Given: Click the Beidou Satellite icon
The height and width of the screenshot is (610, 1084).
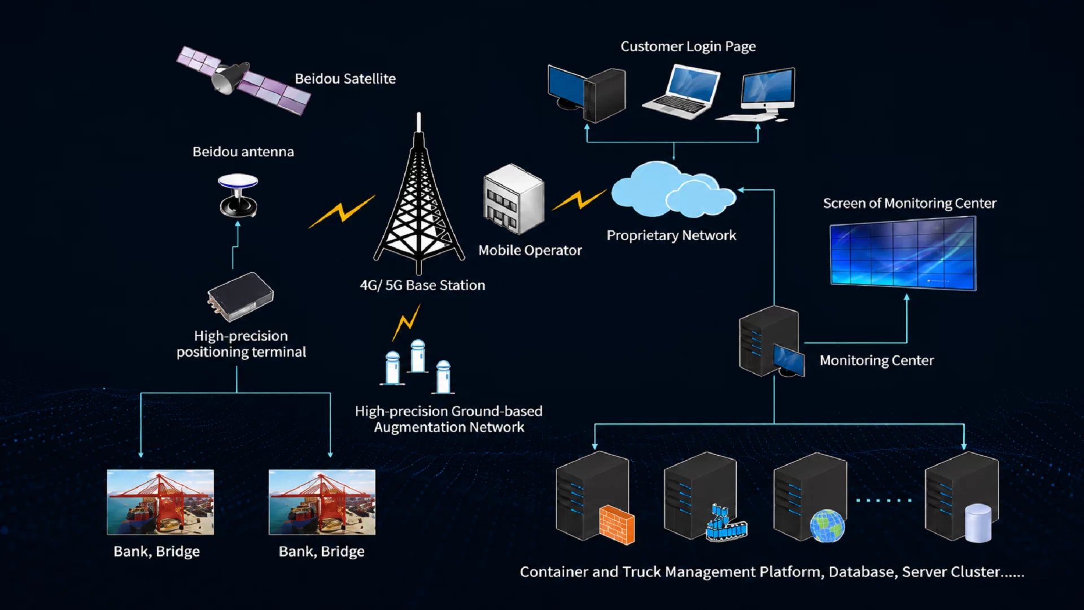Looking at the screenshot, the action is (243, 80).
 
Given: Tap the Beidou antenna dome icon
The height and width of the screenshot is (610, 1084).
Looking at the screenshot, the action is (238, 195).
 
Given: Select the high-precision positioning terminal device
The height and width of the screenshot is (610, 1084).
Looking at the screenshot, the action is (241, 297).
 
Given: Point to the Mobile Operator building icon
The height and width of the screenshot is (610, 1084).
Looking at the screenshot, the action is (513, 199).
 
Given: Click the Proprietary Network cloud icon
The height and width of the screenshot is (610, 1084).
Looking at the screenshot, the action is (673, 189).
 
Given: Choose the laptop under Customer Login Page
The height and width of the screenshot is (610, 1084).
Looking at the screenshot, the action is (682, 91).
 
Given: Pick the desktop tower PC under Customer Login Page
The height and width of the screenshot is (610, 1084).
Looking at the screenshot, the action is (587, 93).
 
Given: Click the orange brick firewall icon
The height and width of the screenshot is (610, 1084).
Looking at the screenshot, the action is (617, 525).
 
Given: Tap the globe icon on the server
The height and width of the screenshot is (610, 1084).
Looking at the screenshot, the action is (827, 526).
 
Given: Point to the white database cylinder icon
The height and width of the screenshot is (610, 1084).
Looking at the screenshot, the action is (978, 523).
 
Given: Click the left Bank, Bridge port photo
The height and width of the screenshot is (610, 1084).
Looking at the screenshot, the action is (160, 502).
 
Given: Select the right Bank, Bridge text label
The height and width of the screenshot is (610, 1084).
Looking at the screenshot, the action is (322, 551).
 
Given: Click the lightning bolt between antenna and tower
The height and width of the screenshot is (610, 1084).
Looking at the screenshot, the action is (342, 212).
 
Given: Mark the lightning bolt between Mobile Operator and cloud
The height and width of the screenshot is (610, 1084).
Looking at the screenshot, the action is (579, 200).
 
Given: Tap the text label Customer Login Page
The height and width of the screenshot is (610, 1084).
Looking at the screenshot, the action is (688, 46).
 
